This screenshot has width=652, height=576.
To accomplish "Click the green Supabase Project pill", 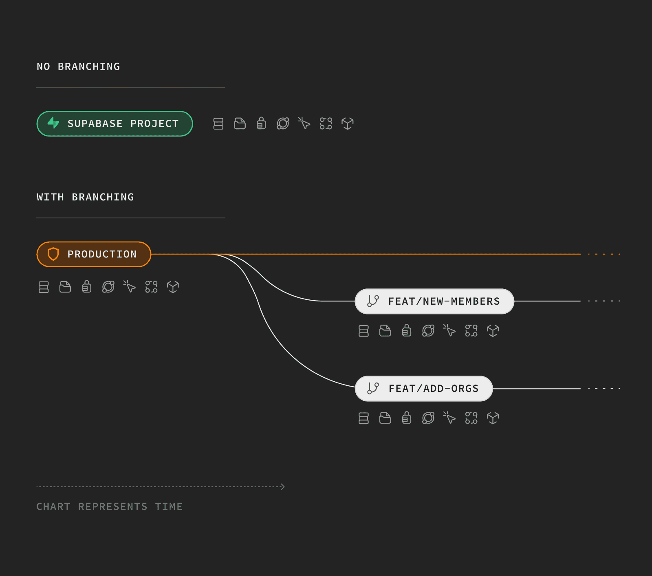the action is click(115, 124).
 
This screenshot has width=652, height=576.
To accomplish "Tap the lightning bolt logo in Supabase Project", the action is click(53, 123).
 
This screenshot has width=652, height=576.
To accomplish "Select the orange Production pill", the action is click(94, 254).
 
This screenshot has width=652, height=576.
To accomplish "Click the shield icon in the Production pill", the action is click(53, 254).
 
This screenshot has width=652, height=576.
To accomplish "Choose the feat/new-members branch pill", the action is click(434, 301).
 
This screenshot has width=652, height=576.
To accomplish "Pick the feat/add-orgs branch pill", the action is click(424, 389).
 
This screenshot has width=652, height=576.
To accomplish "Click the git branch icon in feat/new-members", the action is click(373, 301).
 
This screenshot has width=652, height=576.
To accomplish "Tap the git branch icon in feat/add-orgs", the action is click(373, 388).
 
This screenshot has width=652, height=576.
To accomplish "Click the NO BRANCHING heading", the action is click(78, 66).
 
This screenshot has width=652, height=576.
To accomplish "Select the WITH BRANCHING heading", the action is click(85, 197).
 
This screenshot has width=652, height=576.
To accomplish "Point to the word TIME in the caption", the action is click(169, 507).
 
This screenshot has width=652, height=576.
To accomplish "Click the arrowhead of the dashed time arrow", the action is click(283, 487).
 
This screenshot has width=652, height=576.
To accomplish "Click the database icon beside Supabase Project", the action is click(218, 124).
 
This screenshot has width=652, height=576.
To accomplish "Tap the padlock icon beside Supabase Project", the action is click(261, 123).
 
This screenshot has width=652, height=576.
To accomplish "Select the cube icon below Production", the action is click(173, 287).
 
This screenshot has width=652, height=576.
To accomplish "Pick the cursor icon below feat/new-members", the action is click(449, 330).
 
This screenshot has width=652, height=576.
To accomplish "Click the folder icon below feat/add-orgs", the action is click(385, 418).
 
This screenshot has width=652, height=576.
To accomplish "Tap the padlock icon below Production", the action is click(86, 287).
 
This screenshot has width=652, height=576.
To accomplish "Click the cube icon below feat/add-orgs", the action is click(493, 418).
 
